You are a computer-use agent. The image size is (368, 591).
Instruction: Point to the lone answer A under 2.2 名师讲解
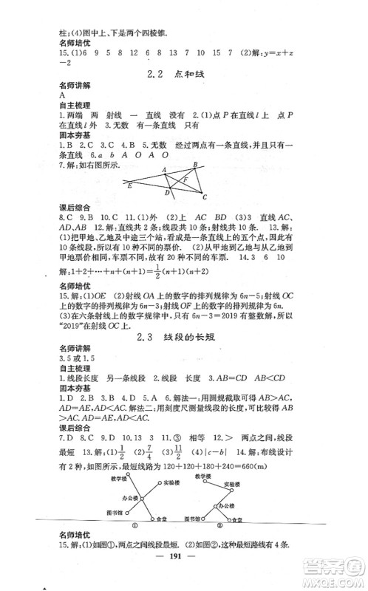61,95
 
